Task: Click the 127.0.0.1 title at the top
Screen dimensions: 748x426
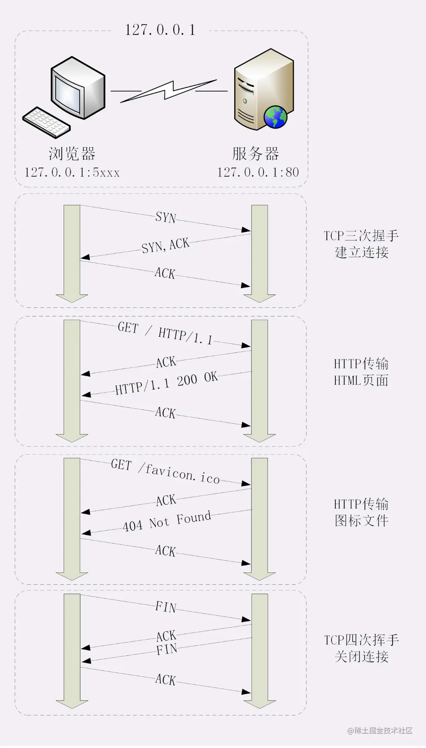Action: [x=160, y=30]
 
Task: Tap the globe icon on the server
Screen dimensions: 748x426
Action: [x=275, y=117]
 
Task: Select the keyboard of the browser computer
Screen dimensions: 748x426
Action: [x=46, y=122]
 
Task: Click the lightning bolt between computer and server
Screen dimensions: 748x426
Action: [x=169, y=91]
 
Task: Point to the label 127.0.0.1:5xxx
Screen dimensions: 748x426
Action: [x=72, y=173]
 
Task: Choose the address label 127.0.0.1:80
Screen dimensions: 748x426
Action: [x=258, y=173]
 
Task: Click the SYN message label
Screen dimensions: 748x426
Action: [x=166, y=217]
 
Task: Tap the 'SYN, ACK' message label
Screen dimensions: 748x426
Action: [x=165, y=246]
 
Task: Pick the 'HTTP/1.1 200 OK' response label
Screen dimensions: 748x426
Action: [x=166, y=383]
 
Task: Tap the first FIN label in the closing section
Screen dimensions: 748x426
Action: [x=166, y=607]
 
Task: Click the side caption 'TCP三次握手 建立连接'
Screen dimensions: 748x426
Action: [x=362, y=244]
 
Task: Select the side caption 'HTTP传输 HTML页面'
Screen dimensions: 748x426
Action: [x=361, y=372]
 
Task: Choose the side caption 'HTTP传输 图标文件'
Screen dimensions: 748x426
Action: [x=361, y=512]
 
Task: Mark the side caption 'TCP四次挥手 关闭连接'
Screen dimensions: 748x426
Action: [x=362, y=648]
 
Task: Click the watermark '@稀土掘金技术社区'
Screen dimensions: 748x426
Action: [x=380, y=731]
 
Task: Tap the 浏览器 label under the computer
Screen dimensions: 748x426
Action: [x=72, y=154]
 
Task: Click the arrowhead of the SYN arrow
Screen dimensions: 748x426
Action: [x=246, y=230]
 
